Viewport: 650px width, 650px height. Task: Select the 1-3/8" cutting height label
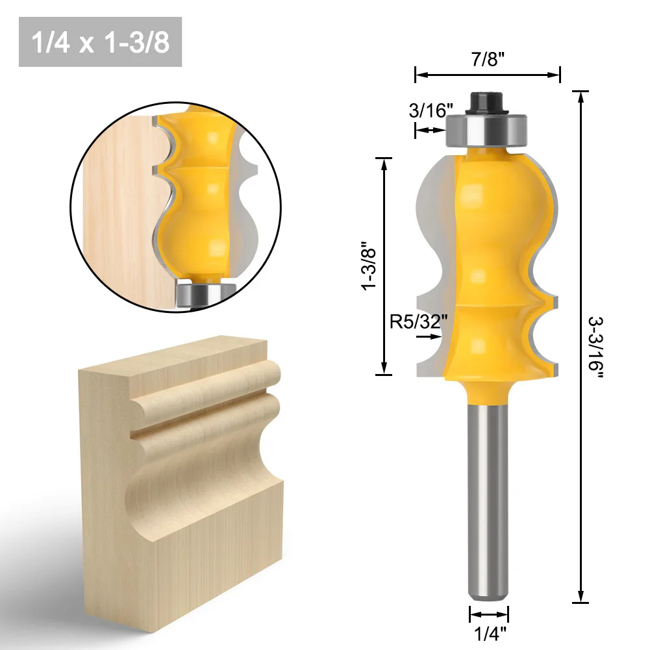[x=371, y=266]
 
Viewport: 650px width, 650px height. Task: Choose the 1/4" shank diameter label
[x=488, y=631]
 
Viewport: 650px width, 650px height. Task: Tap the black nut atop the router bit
[x=487, y=101]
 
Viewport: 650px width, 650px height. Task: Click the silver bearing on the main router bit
[x=487, y=130]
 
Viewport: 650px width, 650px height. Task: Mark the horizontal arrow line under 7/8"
[x=487, y=75]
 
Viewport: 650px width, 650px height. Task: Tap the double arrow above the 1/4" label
[x=488, y=614]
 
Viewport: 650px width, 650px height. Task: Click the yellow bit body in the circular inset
[x=195, y=195]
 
